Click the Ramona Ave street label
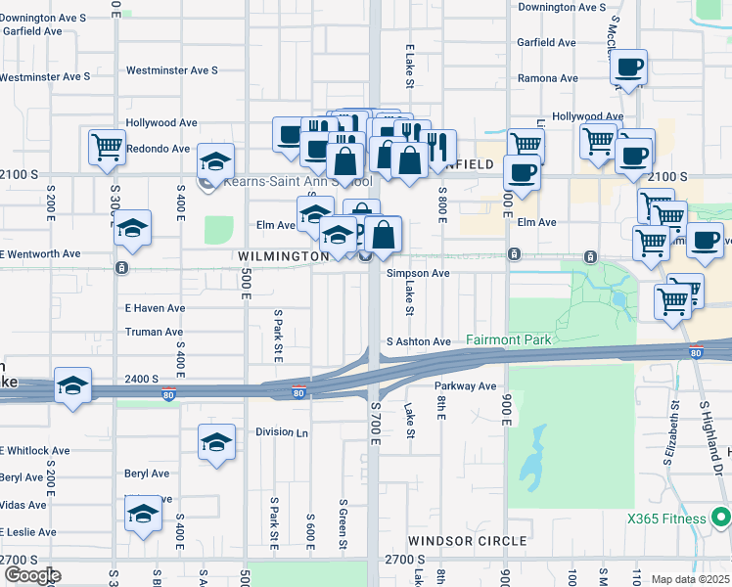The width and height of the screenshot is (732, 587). (547, 78)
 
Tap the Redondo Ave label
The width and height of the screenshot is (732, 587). (158, 149)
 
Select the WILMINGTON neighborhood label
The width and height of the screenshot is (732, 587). (283, 255)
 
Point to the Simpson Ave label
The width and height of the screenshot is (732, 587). (418, 274)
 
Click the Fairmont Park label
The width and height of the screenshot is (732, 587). (509, 340)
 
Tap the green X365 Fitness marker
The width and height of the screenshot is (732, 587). (721, 518)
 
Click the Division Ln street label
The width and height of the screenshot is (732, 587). (282, 431)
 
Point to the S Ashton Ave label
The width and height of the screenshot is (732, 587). (418, 341)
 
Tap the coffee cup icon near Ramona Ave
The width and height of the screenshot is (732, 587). (629, 68)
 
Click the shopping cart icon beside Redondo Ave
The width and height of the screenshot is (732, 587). (107, 148)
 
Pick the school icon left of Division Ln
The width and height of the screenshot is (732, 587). (216, 441)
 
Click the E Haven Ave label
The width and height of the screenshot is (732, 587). (155, 307)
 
